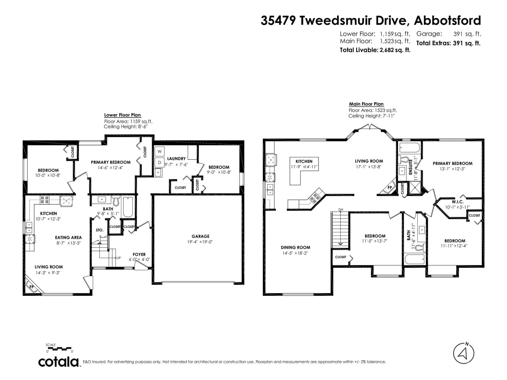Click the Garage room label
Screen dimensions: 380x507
pos(200,236)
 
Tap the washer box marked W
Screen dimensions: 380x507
pos(160,151)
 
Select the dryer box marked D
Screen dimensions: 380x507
pos(160,163)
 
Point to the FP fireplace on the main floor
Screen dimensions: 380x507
pos(389,187)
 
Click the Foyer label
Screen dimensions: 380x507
pos(139,254)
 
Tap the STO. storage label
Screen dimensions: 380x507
pos(99,230)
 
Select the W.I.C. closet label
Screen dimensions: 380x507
pos(458,202)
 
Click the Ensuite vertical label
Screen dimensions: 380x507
pos(411,167)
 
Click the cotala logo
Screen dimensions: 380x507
pos(59,362)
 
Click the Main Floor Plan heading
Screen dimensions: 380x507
pos(366,104)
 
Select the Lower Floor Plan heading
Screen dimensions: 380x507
pos(122,115)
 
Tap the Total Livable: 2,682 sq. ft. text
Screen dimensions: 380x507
pos(375,50)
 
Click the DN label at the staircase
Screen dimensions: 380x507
pos(341,210)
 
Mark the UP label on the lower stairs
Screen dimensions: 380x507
pos(119,258)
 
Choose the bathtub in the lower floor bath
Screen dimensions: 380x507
pos(128,207)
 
